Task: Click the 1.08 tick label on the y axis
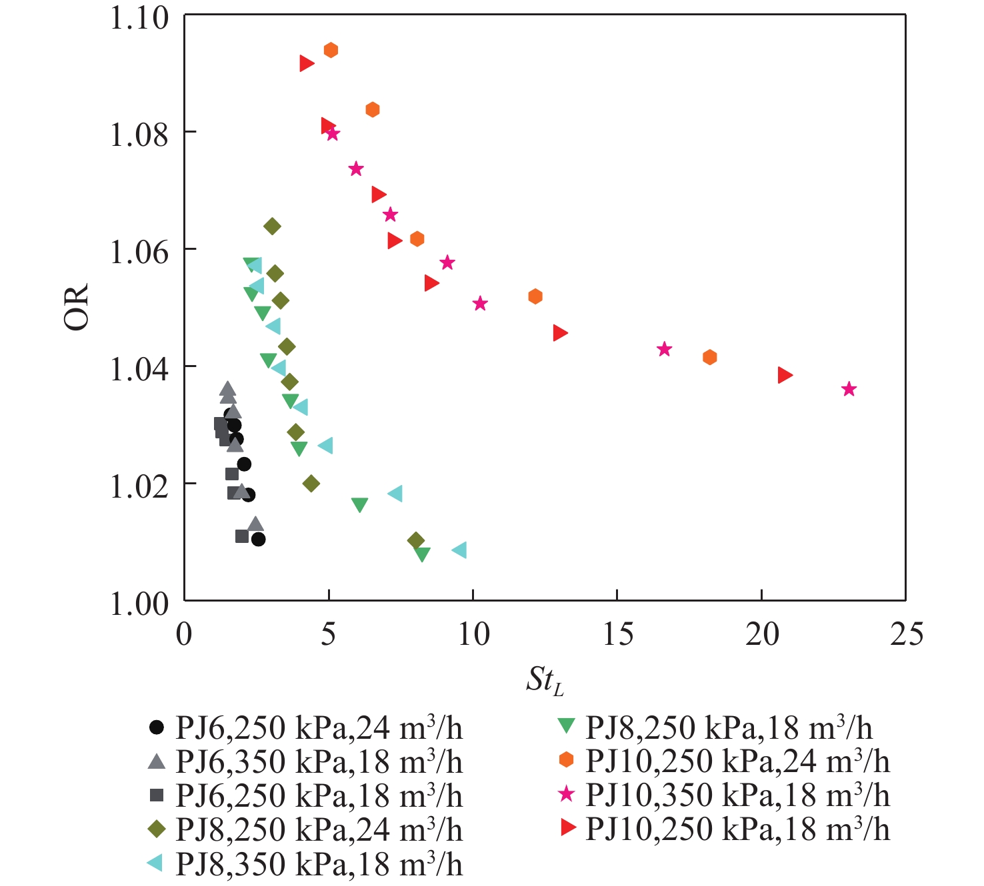(139, 134)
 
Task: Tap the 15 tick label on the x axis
(617, 634)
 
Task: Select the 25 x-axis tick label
(906, 634)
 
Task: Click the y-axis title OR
(76, 308)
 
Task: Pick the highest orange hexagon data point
(331, 50)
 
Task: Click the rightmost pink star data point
(848, 389)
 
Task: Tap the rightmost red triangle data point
(785, 375)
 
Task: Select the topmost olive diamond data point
(272, 226)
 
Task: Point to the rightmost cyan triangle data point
(459, 550)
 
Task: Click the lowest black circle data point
(259, 539)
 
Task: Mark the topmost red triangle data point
(306, 63)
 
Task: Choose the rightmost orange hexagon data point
(709, 357)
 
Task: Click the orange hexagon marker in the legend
(566, 760)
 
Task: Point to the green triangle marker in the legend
(566, 725)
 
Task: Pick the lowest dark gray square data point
(241, 536)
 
